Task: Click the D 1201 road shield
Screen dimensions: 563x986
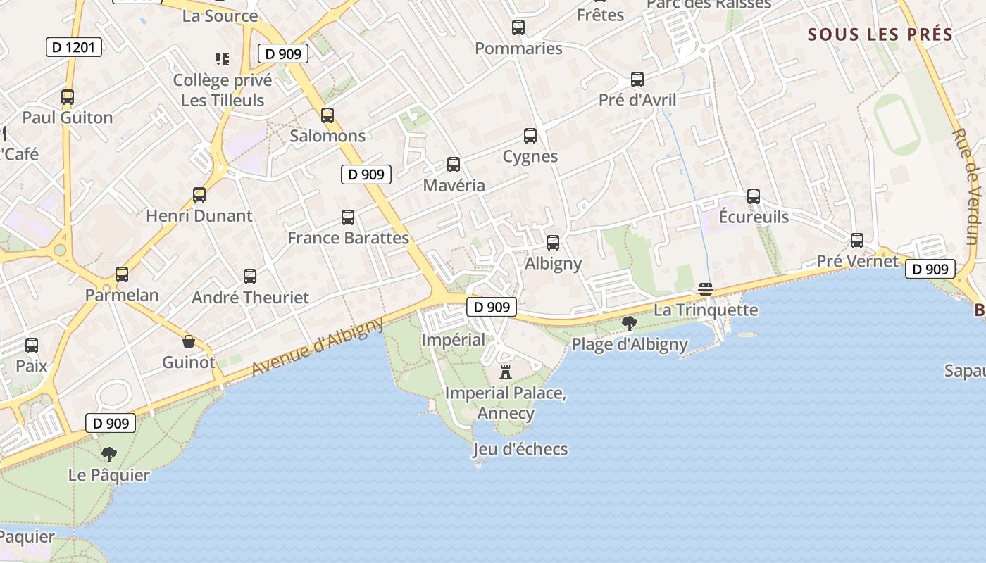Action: tap(74, 47)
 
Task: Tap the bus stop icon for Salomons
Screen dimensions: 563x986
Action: tap(327, 115)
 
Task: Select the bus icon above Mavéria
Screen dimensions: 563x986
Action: tap(454, 165)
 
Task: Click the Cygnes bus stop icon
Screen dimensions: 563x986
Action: tap(530, 136)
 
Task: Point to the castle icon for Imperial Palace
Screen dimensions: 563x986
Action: tap(505, 372)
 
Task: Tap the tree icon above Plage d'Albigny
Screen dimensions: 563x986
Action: tap(630, 324)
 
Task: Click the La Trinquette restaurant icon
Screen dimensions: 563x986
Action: tap(706, 289)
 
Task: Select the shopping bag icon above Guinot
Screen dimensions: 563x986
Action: tap(189, 342)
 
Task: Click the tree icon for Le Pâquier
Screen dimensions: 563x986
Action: tap(108, 454)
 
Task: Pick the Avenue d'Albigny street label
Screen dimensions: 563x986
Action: tap(318, 346)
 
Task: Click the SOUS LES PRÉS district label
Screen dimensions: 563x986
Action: tap(880, 34)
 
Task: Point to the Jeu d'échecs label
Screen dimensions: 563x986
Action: tap(520, 449)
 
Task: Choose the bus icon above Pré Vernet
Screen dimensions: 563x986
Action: tap(857, 241)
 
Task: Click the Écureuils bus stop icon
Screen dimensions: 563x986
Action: tap(754, 196)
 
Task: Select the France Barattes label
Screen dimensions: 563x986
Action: tap(348, 238)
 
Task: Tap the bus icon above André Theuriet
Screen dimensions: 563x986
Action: tap(250, 277)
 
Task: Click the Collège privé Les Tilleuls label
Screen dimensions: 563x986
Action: tap(223, 90)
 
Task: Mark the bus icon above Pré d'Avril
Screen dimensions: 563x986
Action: tap(637, 80)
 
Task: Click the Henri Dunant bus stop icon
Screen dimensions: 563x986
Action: tap(199, 195)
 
